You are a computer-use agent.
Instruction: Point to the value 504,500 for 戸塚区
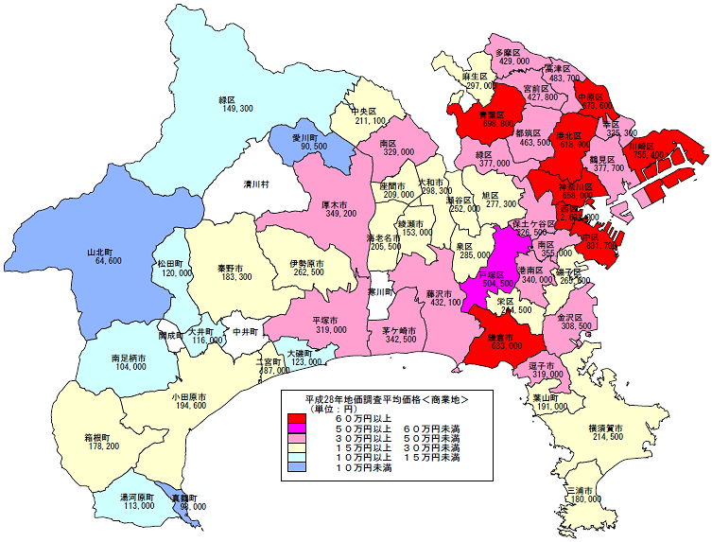(x=500, y=283)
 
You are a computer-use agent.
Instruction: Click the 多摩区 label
(x=512, y=50)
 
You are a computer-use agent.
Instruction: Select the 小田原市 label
(x=190, y=395)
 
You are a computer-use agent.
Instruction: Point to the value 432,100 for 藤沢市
(x=443, y=303)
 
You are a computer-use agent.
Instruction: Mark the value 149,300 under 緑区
(x=236, y=110)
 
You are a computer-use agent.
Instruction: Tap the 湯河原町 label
(x=136, y=496)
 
